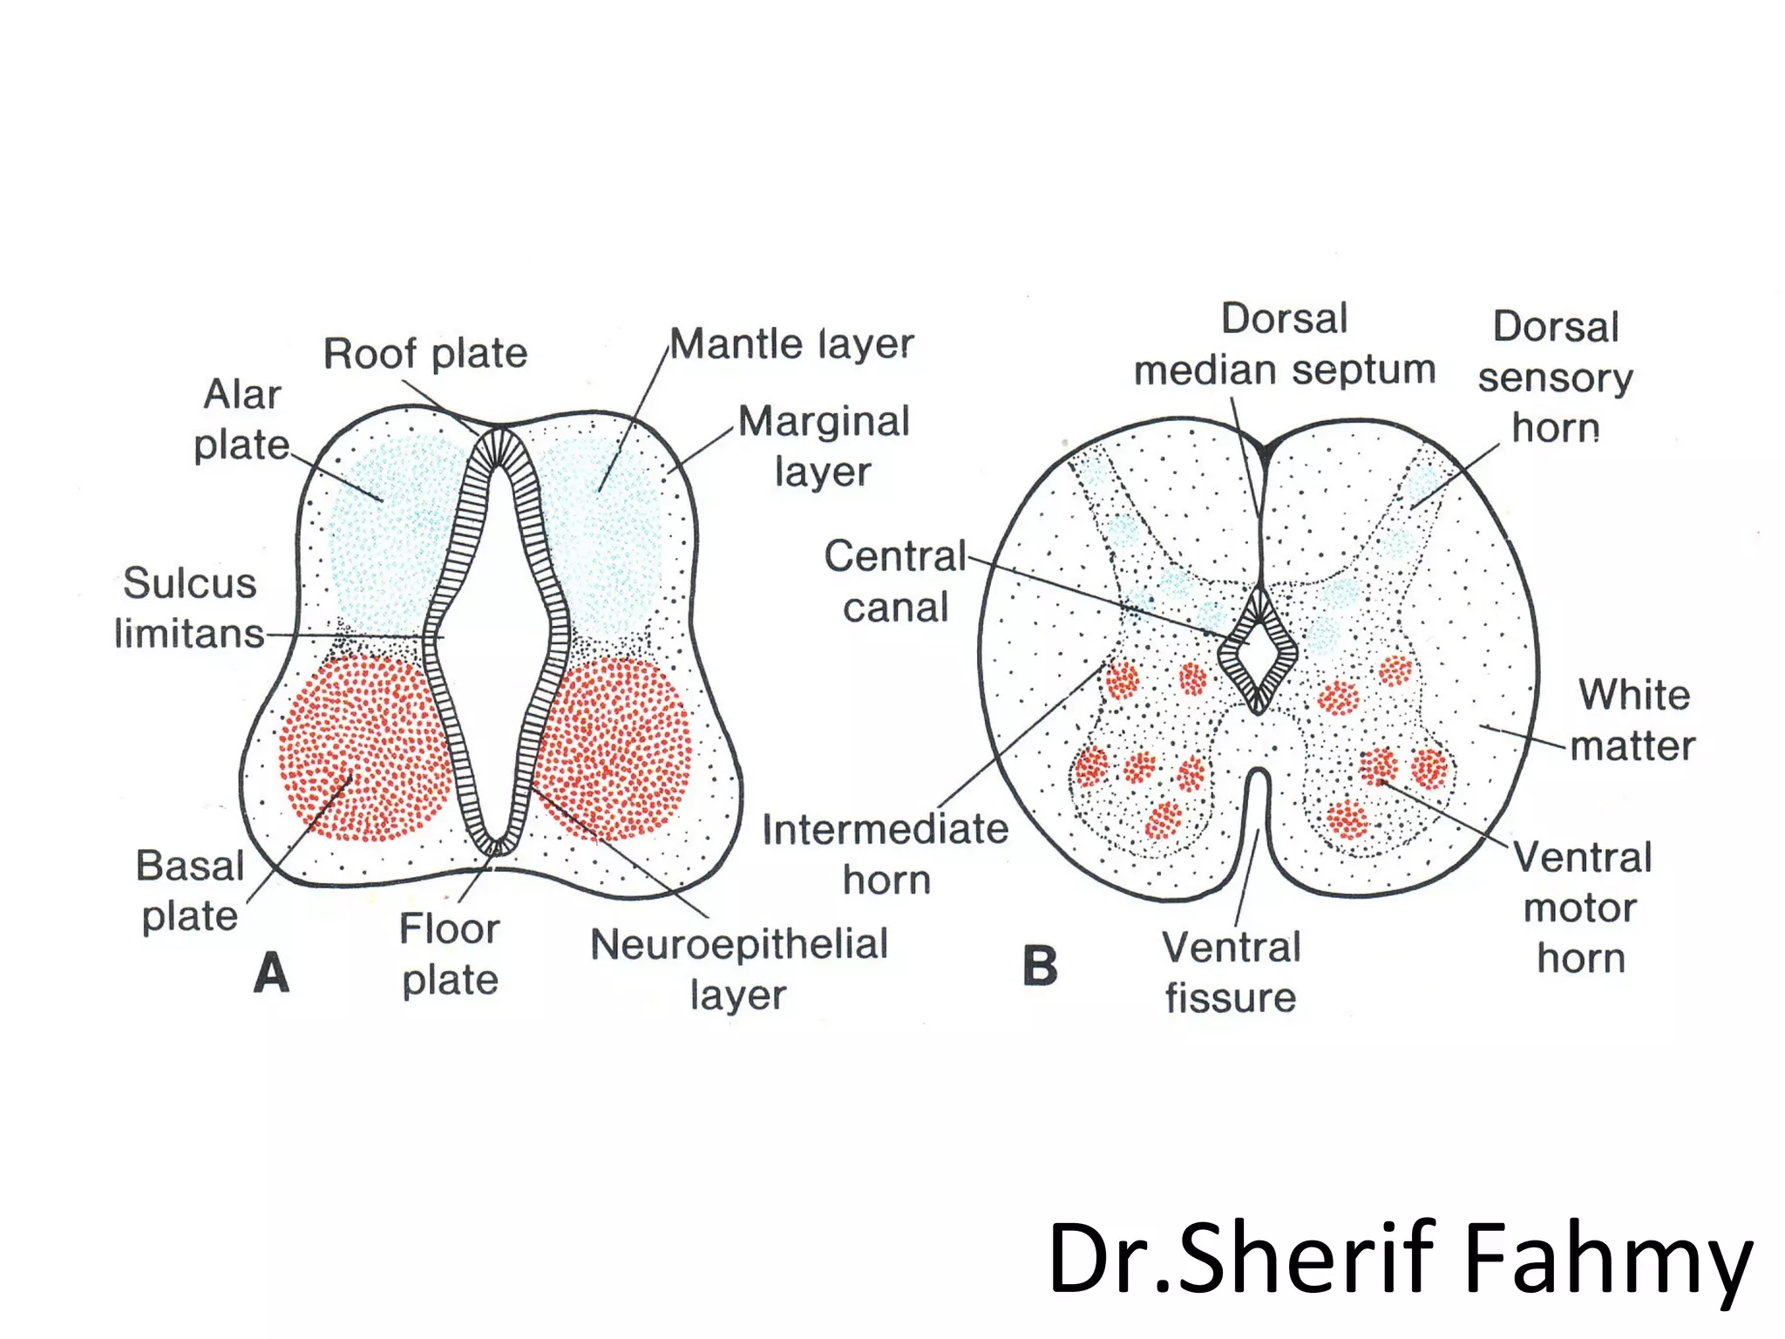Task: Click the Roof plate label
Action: point(425,354)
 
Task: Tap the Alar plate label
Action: point(241,419)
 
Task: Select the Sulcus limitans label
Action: point(189,608)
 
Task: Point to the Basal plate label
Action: point(190,891)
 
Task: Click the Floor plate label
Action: point(450,954)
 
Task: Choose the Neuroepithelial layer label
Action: point(739,969)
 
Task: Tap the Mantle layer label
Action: point(791,343)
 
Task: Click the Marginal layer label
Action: point(824,446)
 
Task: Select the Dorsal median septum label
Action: point(1284,344)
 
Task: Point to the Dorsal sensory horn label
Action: point(1556,377)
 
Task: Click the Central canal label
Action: point(895,581)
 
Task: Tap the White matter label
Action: point(1633,720)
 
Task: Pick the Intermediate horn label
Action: point(886,853)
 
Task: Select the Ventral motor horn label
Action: point(1582,907)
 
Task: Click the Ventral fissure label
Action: point(1231,972)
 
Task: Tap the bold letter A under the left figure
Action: point(271,973)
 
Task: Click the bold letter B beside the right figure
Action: point(1040,966)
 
